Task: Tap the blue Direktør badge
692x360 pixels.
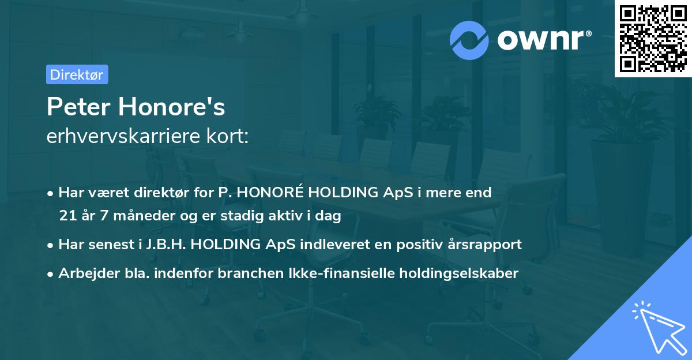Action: point(77,74)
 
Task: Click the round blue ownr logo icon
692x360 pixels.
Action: point(469,39)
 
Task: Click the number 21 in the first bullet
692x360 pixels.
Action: point(67,216)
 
